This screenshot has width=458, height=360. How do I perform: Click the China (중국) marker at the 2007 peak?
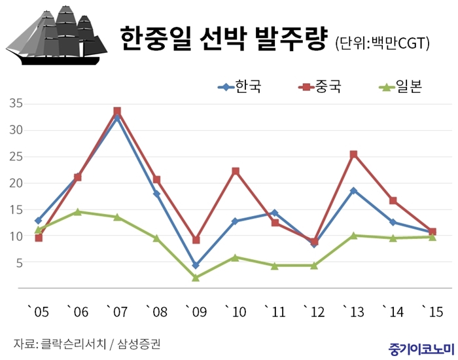(117, 111)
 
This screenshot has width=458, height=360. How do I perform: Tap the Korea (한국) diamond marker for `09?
(196, 266)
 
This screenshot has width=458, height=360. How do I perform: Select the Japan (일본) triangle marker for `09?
(196, 278)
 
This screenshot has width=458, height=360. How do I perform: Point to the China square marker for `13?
(353, 154)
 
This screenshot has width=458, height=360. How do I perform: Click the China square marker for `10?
(236, 171)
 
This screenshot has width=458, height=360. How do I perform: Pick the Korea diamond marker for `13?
(353, 190)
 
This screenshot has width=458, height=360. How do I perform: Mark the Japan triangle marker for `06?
(78, 211)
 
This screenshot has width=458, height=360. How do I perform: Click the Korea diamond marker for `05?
(39, 221)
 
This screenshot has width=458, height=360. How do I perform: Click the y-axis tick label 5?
(20, 262)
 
